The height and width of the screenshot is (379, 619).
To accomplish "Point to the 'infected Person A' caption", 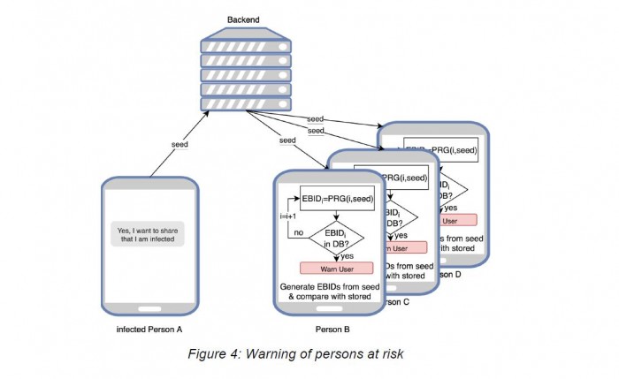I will (x=149, y=330).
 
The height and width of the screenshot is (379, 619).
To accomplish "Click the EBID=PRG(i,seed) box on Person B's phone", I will (x=338, y=199).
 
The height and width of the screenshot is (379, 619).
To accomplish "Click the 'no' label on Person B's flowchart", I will (x=299, y=231).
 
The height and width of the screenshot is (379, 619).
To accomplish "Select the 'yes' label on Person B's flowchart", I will (x=361, y=255).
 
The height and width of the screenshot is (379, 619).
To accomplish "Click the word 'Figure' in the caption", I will (x=210, y=356).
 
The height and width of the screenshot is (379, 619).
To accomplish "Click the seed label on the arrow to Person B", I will (x=287, y=140).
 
